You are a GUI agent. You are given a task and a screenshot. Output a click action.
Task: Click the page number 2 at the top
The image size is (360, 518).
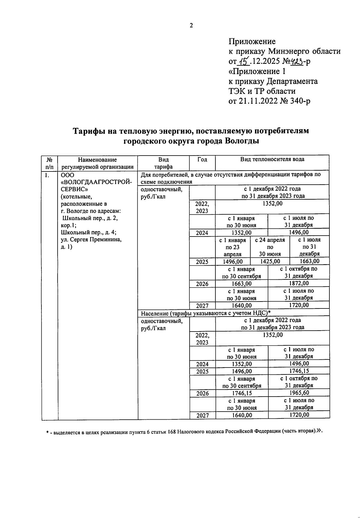(x=191, y=25)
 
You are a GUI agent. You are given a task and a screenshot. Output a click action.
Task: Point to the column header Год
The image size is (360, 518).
(x=202, y=159)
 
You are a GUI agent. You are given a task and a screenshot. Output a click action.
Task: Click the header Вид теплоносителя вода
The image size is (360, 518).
(x=272, y=159)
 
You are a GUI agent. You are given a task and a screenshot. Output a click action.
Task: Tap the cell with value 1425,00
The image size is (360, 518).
(x=270, y=261)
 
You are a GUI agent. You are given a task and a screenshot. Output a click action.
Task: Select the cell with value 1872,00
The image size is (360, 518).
(x=299, y=283)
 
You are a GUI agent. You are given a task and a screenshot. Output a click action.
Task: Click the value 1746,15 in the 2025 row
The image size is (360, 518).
(x=299, y=371)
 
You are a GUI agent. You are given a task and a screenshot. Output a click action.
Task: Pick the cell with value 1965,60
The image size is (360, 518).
(x=299, y=393)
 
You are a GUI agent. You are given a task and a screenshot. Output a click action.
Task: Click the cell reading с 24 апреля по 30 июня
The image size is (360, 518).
(x=270, y=247)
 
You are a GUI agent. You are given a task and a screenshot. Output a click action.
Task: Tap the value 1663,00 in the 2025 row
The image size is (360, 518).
(x=310, y=261)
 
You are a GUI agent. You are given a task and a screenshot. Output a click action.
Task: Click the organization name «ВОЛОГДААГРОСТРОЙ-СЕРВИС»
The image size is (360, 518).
(x=96, y=182)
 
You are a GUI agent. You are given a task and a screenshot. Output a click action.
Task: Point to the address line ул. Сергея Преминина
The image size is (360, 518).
(x=91, y=240)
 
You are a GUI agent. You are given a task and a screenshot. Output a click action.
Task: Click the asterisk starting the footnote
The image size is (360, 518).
(x=47, y=432)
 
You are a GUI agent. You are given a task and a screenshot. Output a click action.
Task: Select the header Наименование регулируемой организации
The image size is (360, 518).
(x=97, y=163)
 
